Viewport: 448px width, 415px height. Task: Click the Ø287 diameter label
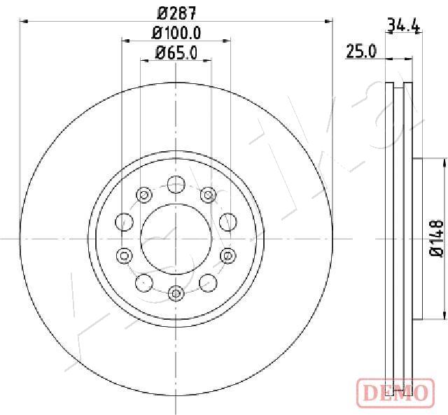(176, 13)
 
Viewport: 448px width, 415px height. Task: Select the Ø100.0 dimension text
(176, 33)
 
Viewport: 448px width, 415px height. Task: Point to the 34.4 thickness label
(403, 27)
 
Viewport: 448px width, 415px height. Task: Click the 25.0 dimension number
(362, 51)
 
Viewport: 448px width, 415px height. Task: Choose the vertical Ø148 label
(435, 239)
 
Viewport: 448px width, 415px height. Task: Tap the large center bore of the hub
(176, 239)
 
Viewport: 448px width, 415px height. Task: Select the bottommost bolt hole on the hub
(176, 292)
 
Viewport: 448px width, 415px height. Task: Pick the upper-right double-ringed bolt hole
(207, 195)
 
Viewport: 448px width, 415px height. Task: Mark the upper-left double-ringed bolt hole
(144, 195)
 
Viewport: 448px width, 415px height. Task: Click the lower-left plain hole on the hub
(144, 283)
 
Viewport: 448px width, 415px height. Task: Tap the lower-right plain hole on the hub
(208, 283)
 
